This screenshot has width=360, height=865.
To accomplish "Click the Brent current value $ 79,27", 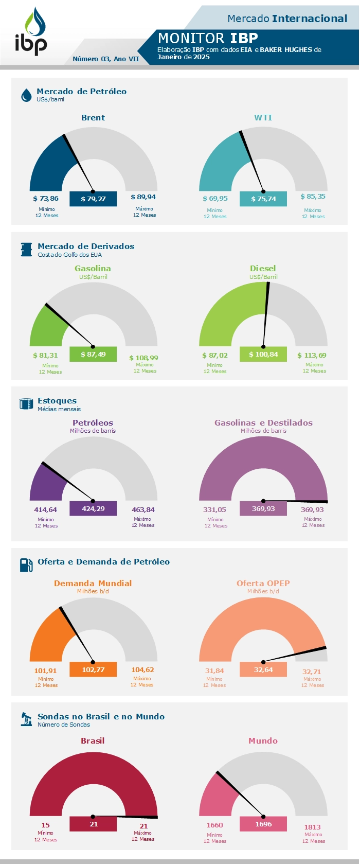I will point(93,199).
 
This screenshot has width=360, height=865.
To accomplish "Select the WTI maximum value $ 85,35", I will point(313,197).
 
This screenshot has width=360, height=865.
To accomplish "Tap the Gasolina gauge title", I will point(93,269).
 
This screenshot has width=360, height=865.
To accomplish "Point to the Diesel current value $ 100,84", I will point(263,355).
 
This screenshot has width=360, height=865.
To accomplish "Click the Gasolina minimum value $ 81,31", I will point(45,355).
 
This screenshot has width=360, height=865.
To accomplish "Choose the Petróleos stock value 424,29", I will point(93,508).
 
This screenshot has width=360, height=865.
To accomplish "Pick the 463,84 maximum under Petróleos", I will point(143,510).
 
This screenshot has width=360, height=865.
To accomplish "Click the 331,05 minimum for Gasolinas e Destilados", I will point(214,510).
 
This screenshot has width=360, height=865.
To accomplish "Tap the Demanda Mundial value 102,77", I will point(93,669).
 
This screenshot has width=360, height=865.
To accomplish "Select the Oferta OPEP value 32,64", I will point(263,669).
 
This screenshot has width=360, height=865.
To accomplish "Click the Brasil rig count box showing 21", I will point(93,824).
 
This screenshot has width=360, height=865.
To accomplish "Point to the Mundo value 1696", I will point(263,824).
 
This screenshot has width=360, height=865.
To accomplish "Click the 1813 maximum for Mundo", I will point(313,827).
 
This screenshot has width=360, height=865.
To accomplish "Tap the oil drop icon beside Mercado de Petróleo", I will point(26,95).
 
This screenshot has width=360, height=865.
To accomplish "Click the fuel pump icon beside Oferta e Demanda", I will point(26,565).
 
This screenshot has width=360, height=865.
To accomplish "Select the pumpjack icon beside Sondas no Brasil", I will point(26,719).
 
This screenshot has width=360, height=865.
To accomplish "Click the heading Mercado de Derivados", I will point(86,246).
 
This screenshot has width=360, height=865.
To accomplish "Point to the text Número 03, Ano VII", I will point(106,59).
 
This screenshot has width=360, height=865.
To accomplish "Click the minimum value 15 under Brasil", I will point(45,825).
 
